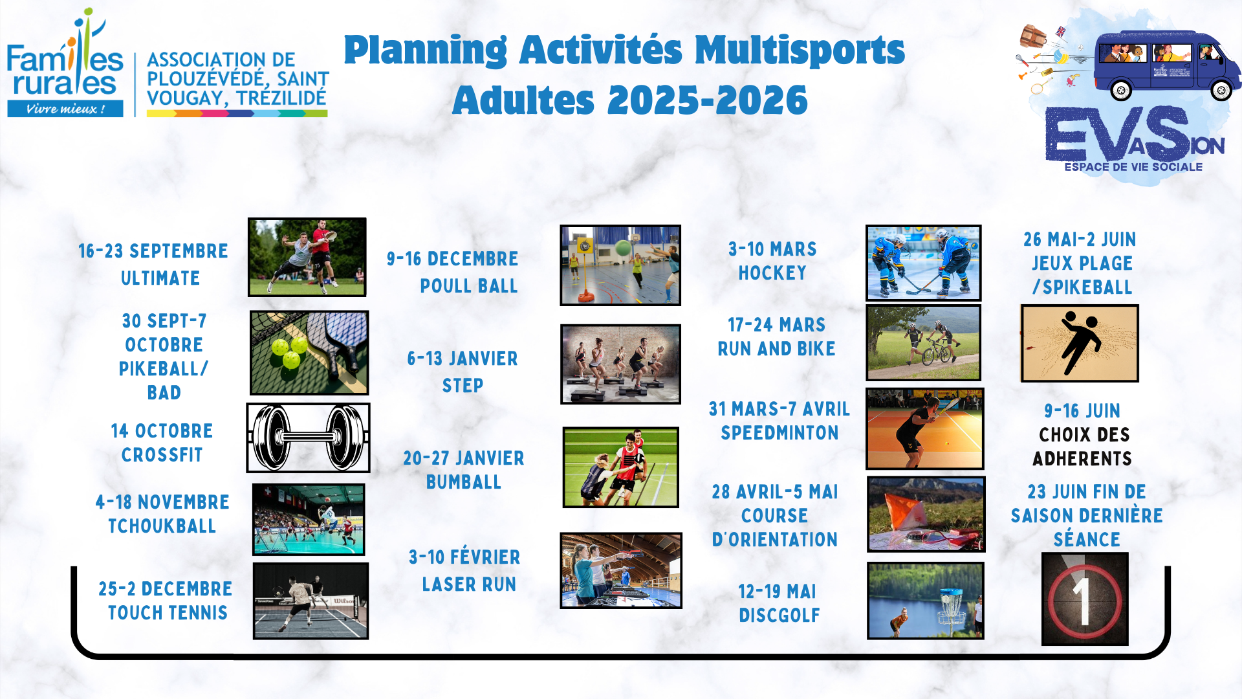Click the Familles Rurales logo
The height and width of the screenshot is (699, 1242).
(65, 63)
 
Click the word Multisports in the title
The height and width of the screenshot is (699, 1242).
(800, 50)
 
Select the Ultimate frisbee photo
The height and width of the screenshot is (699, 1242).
(307, 257)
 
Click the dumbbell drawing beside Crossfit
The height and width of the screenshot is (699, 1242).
(308, 438)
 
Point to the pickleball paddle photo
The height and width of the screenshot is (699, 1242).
(309, 353)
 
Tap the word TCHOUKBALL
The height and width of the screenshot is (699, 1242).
(162, 526)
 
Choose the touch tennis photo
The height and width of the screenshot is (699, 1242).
(310, 601)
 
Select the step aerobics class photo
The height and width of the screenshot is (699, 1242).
(620, 364)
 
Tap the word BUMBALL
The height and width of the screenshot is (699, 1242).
(464, 482)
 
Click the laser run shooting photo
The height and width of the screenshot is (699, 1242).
(621, 571)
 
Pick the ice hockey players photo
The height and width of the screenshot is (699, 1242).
(924, 263)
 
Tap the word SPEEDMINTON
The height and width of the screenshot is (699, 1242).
(779, 433)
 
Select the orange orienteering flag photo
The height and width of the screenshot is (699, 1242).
(926, 515)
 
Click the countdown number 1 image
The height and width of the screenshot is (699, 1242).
(1085, 599)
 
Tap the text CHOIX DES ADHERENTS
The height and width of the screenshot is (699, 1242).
(1083, 447)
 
